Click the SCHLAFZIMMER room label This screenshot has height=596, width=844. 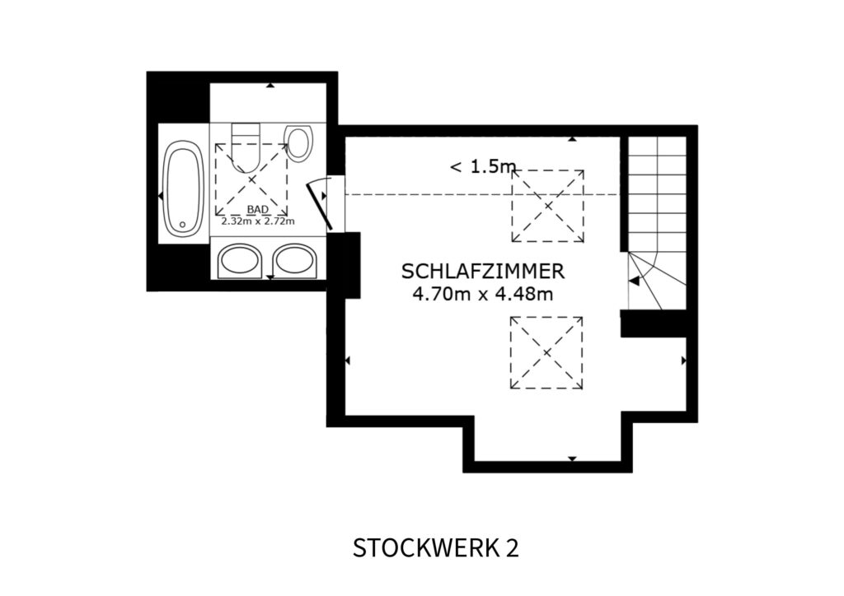click(483, 272)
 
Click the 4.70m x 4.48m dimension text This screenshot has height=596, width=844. click(483, 294)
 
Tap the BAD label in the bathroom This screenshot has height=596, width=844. click(258, 210)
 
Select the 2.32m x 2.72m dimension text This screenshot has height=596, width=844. click(258, 221)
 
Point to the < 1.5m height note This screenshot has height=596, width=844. click(483, 166)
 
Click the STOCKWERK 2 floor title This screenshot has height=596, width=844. click(436, 548)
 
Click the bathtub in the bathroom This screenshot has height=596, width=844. click(183, 188)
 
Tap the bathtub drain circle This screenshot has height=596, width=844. click(182, 225)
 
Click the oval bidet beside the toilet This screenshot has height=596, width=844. click(298, 143)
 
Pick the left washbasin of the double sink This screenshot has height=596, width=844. click(240, 261)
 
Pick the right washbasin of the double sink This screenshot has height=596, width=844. click(294, 261)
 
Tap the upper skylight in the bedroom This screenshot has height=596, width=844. click(548, 206)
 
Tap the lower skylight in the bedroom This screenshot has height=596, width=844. click(547, 352)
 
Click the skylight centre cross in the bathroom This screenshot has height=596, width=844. click(251, 179)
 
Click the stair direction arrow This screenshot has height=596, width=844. click(635, 281)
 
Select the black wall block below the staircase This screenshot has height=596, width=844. click(654, 324)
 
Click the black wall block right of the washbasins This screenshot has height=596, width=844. click(344, 265)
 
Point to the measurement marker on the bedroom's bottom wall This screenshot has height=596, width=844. click(572, 459)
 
